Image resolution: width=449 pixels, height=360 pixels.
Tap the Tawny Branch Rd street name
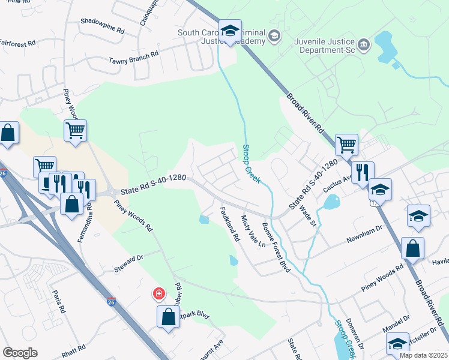tap(133, 58)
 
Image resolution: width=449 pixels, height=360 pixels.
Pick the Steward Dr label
tap(128, 265)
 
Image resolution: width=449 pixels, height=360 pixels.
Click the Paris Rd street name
tap(58, 302)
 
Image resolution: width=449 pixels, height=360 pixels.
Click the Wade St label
tap(308, 216)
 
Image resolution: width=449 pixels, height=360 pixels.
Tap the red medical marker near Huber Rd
tap(158, 294)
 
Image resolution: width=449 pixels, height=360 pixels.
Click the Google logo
tap(20, 353)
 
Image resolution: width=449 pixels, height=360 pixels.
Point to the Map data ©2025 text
tap(423, 355)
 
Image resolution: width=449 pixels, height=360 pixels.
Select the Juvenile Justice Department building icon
tap(364, 44)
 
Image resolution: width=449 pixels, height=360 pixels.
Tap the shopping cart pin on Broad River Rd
tap(346, 143)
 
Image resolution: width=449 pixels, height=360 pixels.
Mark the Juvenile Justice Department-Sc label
tap(324, 46)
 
